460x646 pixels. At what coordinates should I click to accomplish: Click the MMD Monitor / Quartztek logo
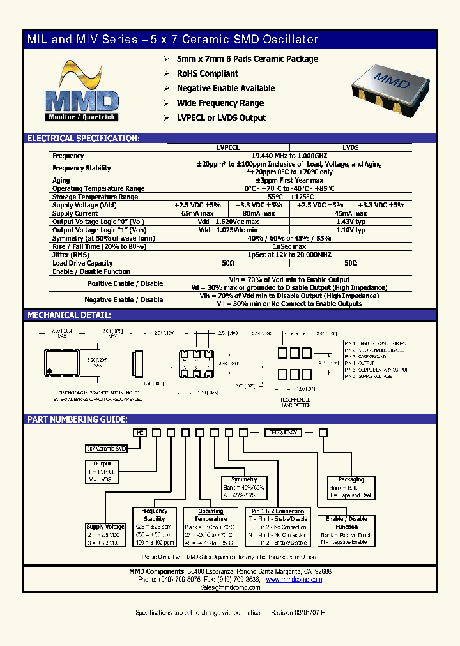click(x=82, y=93)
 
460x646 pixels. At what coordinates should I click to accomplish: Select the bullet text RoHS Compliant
click(x=207, y=73)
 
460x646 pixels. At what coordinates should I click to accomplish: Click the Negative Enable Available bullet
click(x=226, y=88)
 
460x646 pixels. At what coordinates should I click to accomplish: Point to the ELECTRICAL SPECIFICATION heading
click(x=83, y=138)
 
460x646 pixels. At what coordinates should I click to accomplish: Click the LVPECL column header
click(x=228, y=147)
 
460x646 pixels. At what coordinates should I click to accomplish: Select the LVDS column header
click(x=350, y=147)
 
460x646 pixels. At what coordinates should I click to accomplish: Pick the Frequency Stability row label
click(x=82, y=168)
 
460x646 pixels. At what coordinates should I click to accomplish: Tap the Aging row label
click(x=61, y=181)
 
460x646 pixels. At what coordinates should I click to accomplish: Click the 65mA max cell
click(x=197, y=213)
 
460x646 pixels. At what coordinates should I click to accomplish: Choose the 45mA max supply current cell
click(x=351, y=213)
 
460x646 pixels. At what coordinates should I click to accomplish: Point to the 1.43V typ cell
click(x=351, y=222)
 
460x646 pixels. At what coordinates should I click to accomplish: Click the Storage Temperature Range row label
click(x=95, y=197)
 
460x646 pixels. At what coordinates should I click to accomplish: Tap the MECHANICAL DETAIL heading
click(x=69, y=315)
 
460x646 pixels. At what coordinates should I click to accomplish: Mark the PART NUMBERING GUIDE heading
click(x=77, y=419)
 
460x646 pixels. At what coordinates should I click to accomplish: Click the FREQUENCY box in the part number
click(x=284, y=433)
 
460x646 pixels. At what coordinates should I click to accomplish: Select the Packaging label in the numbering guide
click(x=351, y=479)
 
